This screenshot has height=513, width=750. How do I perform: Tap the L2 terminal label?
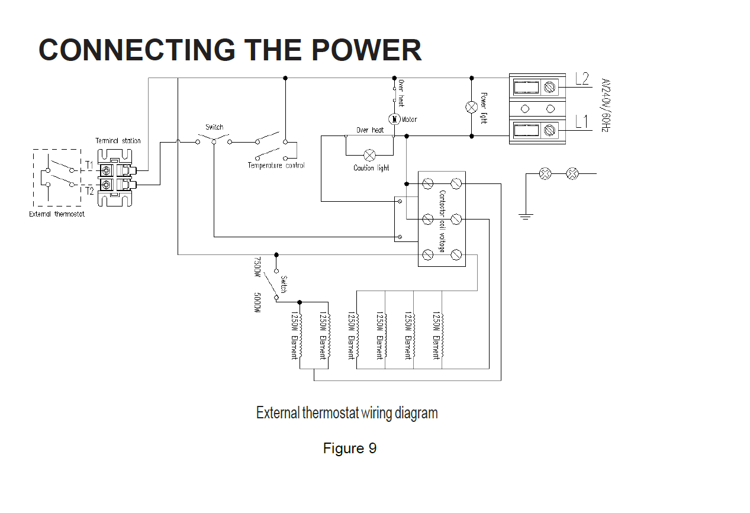[582, 79]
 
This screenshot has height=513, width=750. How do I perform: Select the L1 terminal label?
[582, 122]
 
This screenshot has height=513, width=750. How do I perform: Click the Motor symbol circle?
[395, 119]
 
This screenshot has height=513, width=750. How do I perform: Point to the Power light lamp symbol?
[472, 107]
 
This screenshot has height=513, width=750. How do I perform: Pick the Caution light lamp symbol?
[369, 155]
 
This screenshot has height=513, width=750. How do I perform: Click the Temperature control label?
[276, 166]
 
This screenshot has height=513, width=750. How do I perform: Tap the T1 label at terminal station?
[89, 165]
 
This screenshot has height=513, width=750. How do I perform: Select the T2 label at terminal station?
[89, 191]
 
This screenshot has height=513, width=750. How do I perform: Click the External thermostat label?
[57, 214]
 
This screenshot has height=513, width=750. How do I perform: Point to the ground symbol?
[525, 215]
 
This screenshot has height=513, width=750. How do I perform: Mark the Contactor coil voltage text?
[442, 221]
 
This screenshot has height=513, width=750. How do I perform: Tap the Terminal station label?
[118, 141]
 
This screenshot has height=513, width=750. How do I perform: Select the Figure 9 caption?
[349, 449]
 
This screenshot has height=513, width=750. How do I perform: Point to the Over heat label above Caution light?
[370, 130]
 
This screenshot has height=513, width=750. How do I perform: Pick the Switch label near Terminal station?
[214, 127]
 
